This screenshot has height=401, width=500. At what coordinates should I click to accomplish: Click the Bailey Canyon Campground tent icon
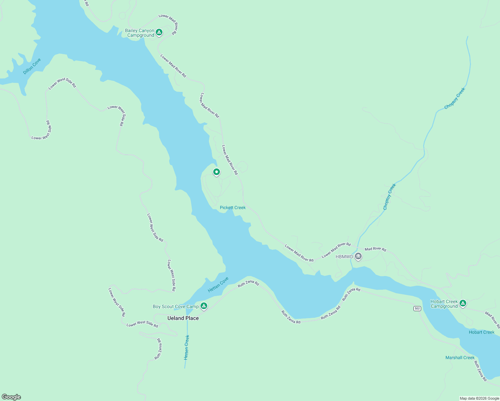coord(159,32)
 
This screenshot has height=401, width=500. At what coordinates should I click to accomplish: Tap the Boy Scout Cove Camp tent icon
coord(204,306)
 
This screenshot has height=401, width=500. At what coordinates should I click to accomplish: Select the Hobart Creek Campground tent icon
coord(463,303)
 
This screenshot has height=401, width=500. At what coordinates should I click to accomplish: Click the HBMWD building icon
coord(358,257)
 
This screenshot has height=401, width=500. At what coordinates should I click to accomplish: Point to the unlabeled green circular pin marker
coord(217,172)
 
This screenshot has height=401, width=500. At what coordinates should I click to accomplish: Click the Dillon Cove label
coord(32,66)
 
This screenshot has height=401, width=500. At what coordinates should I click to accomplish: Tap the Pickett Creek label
coord(233,208)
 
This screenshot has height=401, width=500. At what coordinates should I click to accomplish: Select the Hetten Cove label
coord(218,284)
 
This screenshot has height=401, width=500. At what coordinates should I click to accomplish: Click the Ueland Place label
coord(183,318)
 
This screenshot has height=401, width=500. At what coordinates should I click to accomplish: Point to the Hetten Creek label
coord(186,347)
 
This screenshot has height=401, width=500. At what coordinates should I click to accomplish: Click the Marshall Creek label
coord(460,358)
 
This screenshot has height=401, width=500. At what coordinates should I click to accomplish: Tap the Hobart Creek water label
coord(481,332)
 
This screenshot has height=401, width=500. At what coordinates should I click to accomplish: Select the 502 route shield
coord(417,308)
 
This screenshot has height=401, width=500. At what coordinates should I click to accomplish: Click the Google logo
coord(11,397)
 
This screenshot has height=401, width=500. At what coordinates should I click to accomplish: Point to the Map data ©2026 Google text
coord(479,398)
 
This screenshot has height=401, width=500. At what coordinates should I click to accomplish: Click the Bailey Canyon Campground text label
coord(140,33)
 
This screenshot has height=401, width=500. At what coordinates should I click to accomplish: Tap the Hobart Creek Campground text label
coord(444,304)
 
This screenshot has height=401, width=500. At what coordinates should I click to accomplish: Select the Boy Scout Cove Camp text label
coord(175,306)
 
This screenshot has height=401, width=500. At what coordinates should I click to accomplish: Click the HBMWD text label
coord(344,257)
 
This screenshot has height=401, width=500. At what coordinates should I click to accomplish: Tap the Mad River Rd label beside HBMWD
coord(375,249)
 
